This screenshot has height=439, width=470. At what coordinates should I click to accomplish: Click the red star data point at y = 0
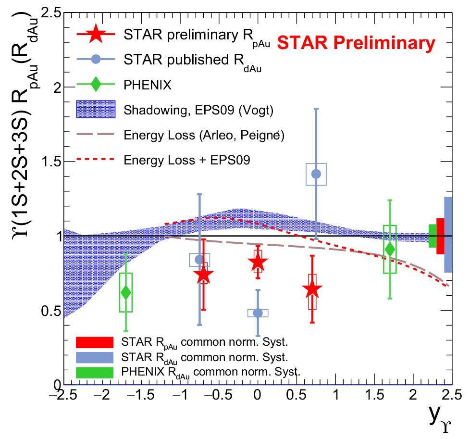tap(258, 262)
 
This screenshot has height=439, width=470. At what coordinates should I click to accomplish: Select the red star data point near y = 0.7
tap(312, 289)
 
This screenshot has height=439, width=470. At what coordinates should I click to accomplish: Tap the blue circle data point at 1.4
tap(316, 174)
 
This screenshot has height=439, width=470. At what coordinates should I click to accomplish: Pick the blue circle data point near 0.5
tap(258, 313)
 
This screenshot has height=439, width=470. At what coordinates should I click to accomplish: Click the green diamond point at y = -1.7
tap(126, 292)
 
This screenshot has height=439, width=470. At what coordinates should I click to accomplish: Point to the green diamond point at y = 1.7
tap(390, 249)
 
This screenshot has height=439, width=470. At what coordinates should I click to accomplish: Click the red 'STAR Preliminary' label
tap(356, 43)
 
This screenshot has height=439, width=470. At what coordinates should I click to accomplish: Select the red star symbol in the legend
tap(96, 35)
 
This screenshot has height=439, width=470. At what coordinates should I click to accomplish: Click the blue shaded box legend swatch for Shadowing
tap(96, 110)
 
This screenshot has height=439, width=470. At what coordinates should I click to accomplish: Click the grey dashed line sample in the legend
tap(96, 135)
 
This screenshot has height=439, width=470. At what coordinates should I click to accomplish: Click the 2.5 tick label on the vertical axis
tap(50, 13)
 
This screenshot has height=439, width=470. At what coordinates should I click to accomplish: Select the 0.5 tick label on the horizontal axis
tap(296, 397)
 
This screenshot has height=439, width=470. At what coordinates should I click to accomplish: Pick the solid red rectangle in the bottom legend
tap(95, 342)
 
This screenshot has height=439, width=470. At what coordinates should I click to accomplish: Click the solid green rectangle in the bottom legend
tap(95, 372)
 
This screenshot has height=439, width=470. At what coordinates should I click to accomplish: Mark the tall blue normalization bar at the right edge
tap(448, 234)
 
